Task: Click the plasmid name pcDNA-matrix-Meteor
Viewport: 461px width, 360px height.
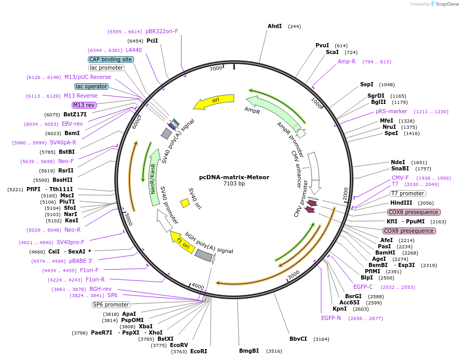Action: point(234,177)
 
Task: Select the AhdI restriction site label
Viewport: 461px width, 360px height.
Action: point(274,26)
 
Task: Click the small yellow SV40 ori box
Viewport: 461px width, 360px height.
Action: point(185,203)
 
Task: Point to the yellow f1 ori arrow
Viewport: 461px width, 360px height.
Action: point(182,242)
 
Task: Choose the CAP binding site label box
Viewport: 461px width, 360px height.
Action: point(111,59)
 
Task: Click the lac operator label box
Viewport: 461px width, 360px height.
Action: point(91,86)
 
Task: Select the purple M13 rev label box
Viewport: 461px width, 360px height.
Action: point(84,105)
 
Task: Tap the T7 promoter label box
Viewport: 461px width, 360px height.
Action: point(407,193)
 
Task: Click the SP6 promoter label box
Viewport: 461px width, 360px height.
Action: point(111,304)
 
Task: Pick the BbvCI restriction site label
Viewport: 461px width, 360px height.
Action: point(298,339)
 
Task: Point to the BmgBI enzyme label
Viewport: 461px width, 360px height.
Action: point(249,351)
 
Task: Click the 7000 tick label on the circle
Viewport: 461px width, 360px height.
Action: point(216,68)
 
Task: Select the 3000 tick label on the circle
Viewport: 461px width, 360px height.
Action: point(294,275)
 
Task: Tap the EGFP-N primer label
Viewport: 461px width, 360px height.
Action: point(331,318)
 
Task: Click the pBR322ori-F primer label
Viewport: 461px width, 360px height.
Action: point(162,31)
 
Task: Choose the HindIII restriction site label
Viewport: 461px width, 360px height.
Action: point(401,203)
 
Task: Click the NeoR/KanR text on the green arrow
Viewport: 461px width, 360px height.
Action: point(153,179)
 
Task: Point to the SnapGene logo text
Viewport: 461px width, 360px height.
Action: point(447,4)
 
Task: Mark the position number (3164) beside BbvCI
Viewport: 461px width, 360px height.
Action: point(321,339)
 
